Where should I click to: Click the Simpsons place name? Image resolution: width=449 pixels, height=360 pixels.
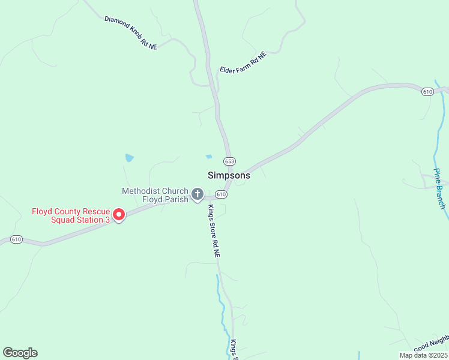[x=229, y=176]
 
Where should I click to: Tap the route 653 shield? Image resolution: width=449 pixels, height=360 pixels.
[x=229, y=161]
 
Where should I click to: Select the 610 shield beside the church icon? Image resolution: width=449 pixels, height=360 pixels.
[x=221, y=194]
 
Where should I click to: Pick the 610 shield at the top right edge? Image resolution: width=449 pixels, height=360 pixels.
[x=427, y=92]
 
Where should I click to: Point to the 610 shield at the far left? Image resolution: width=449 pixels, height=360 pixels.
[x=16, y=239]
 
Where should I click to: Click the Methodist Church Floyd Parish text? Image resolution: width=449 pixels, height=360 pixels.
[x=155, y=195]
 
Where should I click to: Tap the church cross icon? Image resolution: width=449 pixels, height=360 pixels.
[x=197, y=194]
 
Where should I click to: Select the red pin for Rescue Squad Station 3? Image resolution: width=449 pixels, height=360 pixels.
[x=118, y=214]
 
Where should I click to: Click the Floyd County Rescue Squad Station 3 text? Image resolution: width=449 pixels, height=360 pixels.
[x=71, y=215]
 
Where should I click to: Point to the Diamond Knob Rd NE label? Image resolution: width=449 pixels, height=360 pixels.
[x=130, y=32]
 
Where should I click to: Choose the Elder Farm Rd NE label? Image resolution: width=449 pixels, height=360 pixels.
[x=243, y=62]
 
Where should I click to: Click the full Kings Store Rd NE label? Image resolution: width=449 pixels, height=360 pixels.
[x=214, y=232]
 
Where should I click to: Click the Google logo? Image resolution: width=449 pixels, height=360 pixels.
[x=20, y=353]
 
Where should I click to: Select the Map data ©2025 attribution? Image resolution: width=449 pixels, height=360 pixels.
[x=423, y=355]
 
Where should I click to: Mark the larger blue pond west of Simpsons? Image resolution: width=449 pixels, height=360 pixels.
[x=129, y=158]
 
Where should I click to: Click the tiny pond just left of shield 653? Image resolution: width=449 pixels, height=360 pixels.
[x=209, y=157]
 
